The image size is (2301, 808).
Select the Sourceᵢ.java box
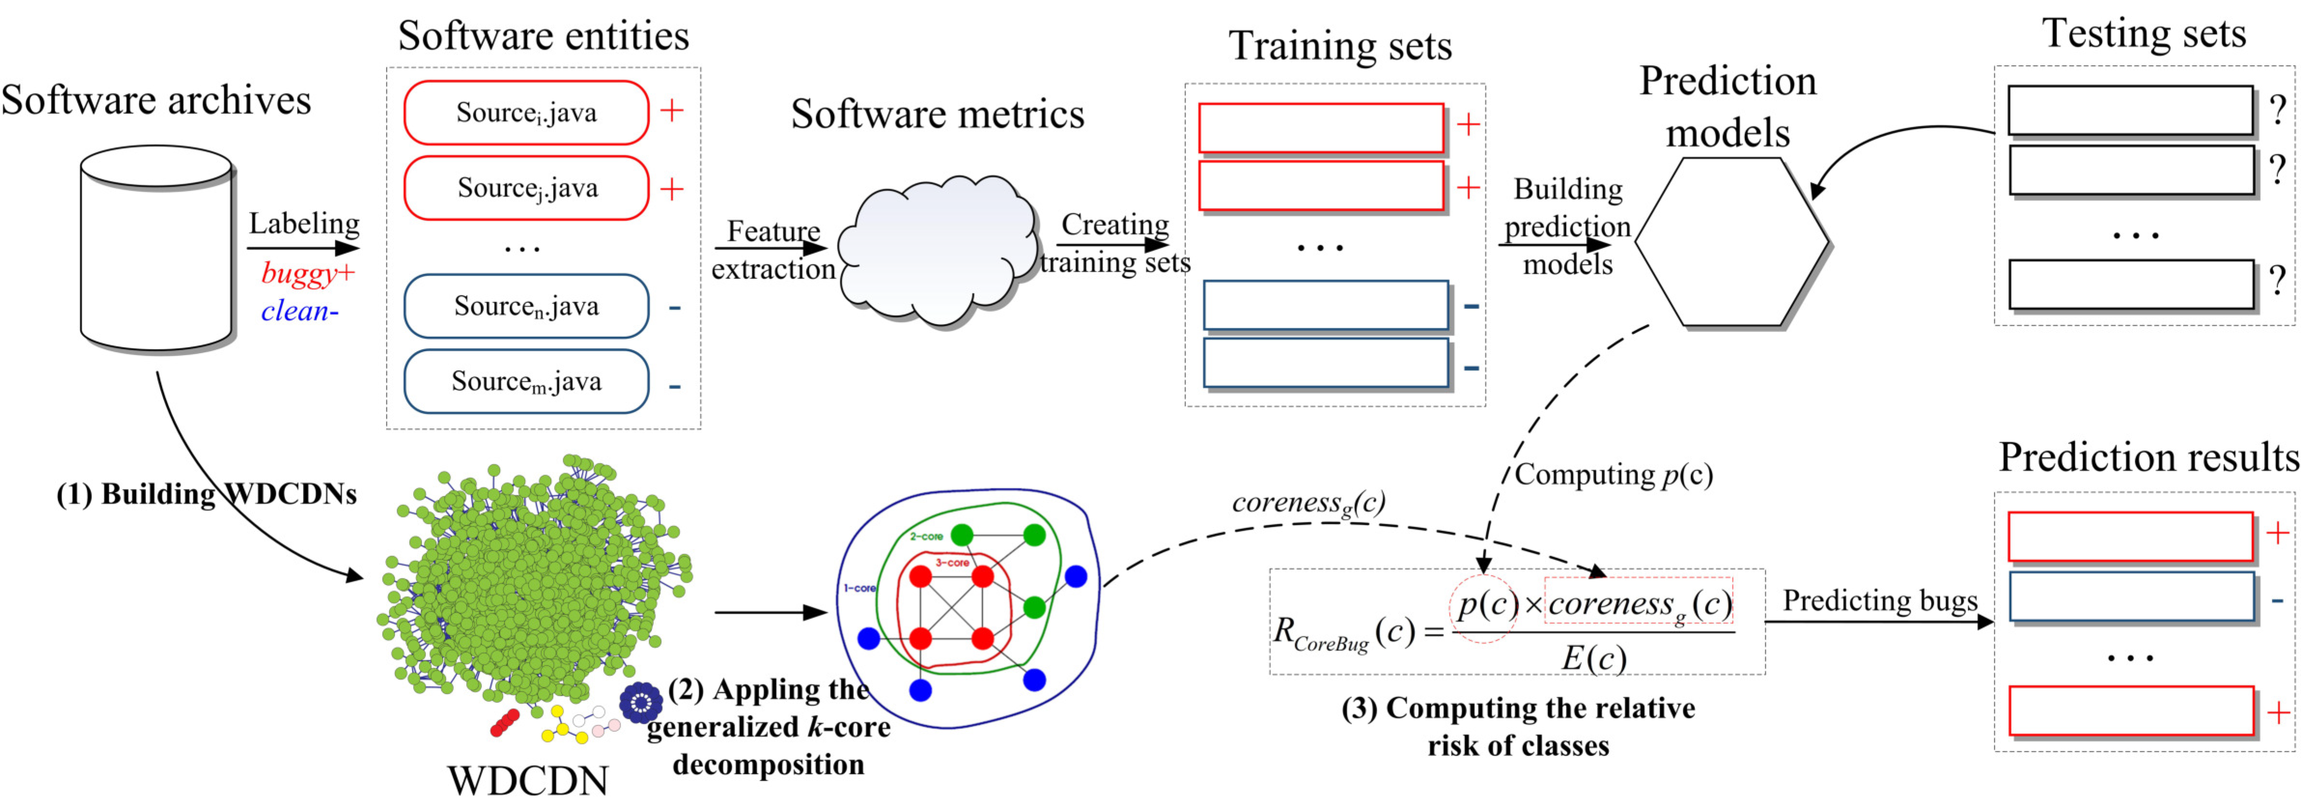[526, 112]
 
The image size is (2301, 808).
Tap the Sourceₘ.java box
[526, 381]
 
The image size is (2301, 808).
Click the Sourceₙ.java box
[526, 306]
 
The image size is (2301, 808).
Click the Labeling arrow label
[304, 223]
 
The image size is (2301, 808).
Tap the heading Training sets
[1340, 45]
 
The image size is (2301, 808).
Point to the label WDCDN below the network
[528, 781]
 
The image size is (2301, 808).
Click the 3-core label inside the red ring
[952, 562]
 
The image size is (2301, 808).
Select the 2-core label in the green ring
[926, 536]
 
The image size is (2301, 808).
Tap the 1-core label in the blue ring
[859, 589]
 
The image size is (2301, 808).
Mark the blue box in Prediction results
[2131, 596]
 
